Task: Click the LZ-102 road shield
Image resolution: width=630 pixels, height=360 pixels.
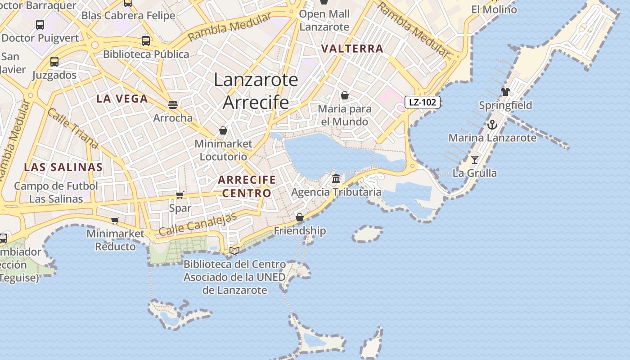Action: tap(422, 102)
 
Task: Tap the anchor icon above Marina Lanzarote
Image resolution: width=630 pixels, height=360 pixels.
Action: tap(492, 125)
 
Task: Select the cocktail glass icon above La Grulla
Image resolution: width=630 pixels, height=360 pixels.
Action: tap(474, 159)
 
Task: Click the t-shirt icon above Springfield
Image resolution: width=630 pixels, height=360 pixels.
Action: tap(505, 92)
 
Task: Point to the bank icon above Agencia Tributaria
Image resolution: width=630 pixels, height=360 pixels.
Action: tap(336, 179)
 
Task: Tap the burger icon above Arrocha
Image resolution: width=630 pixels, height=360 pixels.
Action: tap(173, 105)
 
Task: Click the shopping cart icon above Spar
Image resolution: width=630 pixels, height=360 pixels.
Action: tap(180, 195)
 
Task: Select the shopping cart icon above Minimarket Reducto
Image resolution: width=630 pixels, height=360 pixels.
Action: tap(115, 220)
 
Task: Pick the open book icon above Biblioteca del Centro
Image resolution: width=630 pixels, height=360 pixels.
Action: tap(234, 251)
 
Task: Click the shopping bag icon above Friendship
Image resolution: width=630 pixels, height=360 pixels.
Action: tap(300, 217)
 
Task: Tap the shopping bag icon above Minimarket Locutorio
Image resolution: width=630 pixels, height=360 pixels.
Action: tap(223, 130)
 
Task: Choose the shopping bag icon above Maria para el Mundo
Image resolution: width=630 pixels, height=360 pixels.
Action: tap(345, 95)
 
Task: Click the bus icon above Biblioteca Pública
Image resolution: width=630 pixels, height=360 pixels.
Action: tap(146, 41)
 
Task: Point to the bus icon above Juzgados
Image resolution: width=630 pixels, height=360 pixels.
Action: tap(54, 62)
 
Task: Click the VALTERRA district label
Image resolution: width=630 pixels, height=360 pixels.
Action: tap(352, 49)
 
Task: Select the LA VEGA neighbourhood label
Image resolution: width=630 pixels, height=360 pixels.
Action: tap(122, 99)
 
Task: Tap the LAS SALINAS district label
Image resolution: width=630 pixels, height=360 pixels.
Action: tap(63, 167)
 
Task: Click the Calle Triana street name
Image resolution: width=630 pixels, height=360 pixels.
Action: tap(72, 128)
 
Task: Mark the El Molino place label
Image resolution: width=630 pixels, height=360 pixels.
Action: tap(494, 9)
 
